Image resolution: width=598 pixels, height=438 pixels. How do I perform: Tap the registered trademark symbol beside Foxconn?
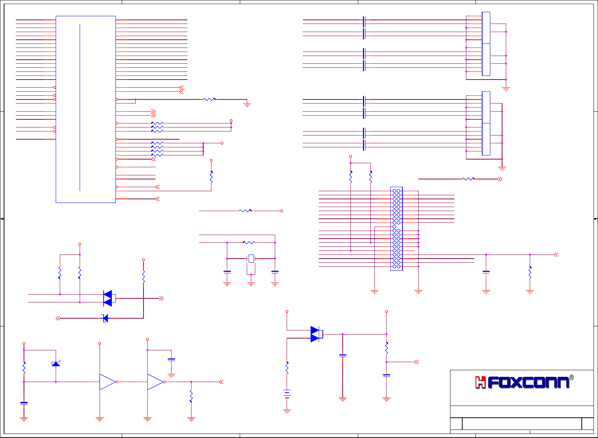pyautogui.click(x=571, y=378)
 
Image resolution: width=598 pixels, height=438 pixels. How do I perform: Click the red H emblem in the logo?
pyautogui.click(x=480, y=382)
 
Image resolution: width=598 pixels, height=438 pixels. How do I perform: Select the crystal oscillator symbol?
pyautogui.click(x=251, y=259)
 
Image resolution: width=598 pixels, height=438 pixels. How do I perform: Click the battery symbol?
pyautogui.click(x=287, y=394)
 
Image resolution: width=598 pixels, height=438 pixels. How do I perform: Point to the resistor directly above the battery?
pyautogui.click(x=287, y=368)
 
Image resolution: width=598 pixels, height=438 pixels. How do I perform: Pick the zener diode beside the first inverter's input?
pyautogui.click(x=56, y=364)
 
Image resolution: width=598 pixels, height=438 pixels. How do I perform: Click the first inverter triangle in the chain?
pyautogui.click(x=107, y=382)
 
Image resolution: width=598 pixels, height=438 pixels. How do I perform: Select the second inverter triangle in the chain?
pyautogui.click(x=155, y=382)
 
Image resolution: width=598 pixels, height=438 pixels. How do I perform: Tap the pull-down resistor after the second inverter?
pyautogui.click(x=191, y=396)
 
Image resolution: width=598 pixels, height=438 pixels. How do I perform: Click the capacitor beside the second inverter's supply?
pyautogui.click(x=171, y=359)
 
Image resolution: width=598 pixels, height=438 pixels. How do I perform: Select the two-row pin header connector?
pyautogui.click(x=397, y=229)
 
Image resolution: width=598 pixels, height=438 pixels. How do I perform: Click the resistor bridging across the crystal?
pyautogui.click(x=249, y=242)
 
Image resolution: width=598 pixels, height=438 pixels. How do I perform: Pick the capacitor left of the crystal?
pyautogui.click(x=227, y=272)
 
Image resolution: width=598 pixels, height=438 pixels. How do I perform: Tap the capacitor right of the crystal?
pyautogui.click(x=275, y=272)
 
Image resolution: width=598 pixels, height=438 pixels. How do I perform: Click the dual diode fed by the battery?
pyautogui.click(x=315, y=334)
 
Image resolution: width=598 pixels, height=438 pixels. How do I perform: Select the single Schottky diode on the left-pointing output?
pyautogui.click(x=106, y=318)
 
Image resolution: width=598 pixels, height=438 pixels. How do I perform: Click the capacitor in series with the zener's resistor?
pyautogui.click(x=24, y=403)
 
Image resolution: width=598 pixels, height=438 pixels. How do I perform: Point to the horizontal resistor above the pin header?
pyautogui.click(x=469, y=179)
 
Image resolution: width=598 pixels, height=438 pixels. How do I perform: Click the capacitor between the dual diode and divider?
pyautogui.click(x=343, y=355)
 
